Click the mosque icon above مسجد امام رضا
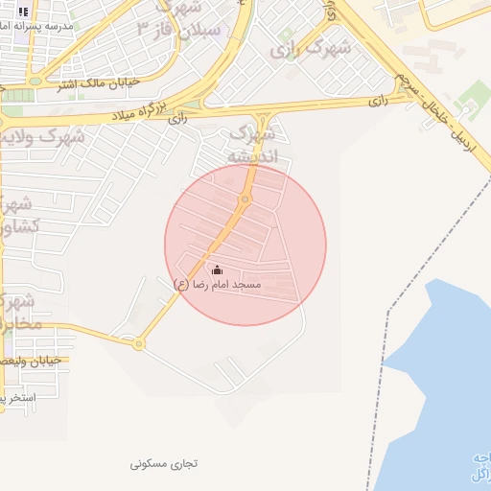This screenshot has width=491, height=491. coord(217,269)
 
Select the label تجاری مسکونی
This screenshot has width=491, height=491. coord(164,463)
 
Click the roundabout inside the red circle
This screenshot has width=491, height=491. coord(245,199)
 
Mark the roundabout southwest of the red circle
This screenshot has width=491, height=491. coord(139,343)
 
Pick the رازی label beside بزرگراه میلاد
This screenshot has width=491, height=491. coord(178,119)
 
